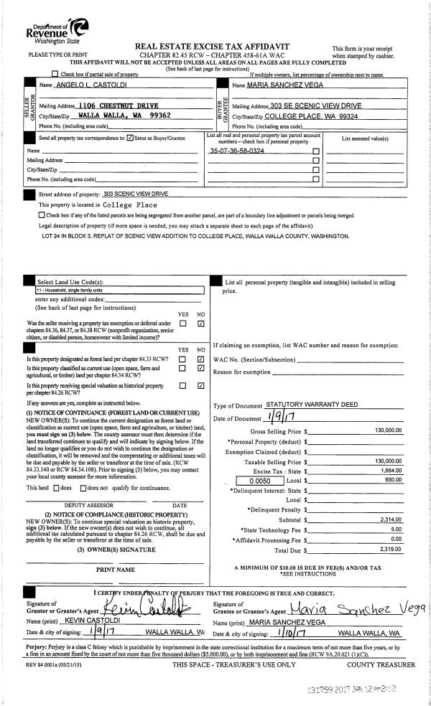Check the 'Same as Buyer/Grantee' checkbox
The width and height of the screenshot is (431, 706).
click(129, 138)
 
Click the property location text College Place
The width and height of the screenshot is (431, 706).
click(130, 204)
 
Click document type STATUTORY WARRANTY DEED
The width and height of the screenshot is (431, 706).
click(312, 405)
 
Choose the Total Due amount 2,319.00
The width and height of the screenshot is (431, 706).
click(391, 548)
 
